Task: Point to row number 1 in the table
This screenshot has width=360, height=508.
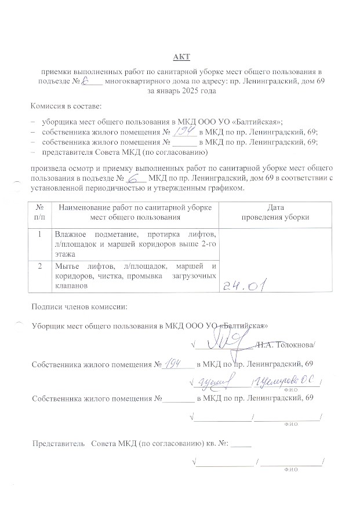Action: click(x=39, y=235)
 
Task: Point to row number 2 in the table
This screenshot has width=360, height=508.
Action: click(x=39, y=266)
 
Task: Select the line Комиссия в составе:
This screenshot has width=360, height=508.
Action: click(x=66, y=107)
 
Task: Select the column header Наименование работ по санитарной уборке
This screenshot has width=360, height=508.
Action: click(x=134, y=207)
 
